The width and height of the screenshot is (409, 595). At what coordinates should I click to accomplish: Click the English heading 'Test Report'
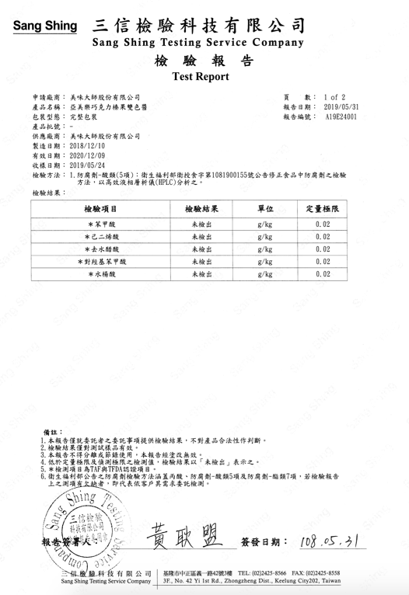(x=204, y=78)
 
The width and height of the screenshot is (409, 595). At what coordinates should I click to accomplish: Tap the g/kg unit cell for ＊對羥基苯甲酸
(x=264, y=262)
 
